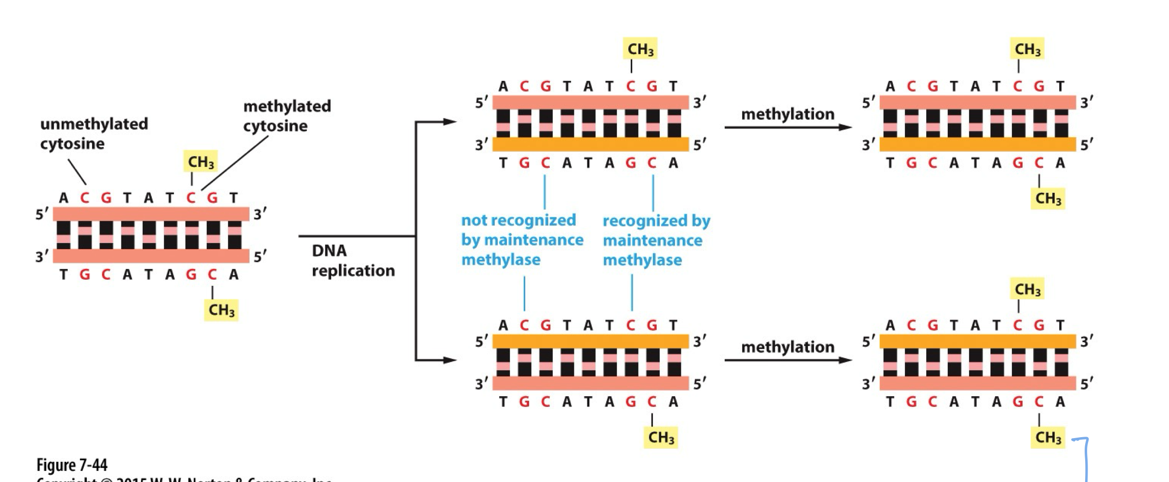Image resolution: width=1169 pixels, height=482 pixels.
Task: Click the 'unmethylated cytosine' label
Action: pyautogui.click(x=94, y=134)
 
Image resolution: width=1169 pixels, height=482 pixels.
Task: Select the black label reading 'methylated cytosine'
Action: pyautogui.click(x=287, y=116)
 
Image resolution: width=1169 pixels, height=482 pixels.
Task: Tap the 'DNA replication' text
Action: pyautogui.click(x=353, y=260)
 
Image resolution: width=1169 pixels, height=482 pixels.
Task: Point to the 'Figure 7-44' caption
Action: pyautogui.click(x=72, y=465)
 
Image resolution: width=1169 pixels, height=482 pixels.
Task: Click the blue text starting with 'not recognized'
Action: pyautogui.click(x=522, y=240)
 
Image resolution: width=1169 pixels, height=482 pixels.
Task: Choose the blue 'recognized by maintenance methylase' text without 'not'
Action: pyautogui.click(x=656, y=240)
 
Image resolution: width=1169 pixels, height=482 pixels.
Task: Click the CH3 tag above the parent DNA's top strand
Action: pyautogui.click(x=200, y=162)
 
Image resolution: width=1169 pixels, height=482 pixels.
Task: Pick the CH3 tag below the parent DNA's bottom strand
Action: pyautogui.click(x=221, y=309)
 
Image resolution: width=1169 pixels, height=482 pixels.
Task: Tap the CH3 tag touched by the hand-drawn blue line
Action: pyautogui.click(x=1048, y=438)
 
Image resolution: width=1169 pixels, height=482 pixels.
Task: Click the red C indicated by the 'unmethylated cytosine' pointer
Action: pyautogui.click(x=85, y=198)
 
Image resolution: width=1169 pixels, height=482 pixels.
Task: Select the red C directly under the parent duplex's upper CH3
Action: pyautogui.click(x=191, y=198)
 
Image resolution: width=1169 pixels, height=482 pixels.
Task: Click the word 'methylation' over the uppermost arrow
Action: pyautogui.click(x=787, y=114)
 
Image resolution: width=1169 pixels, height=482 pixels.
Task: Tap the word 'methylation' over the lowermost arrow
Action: pyautogui.click(x=787, y=347)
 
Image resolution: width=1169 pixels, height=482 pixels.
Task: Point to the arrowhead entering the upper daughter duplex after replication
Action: pyautogui.click(x=450, y=122)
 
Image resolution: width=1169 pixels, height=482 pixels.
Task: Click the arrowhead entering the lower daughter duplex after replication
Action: pyautogui.click(x=450, y=360)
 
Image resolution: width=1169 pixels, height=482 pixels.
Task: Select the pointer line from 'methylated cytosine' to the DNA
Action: pyautogui.click(x=235, y=163)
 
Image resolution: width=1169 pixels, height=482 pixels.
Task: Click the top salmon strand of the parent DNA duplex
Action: pyautogui.click(x=151, y=214)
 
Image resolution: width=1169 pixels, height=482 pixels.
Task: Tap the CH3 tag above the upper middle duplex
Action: pyautogui.click(x=640, y=49)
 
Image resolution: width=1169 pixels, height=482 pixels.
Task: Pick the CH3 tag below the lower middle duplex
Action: pyautogui.click(x=661, y=438)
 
